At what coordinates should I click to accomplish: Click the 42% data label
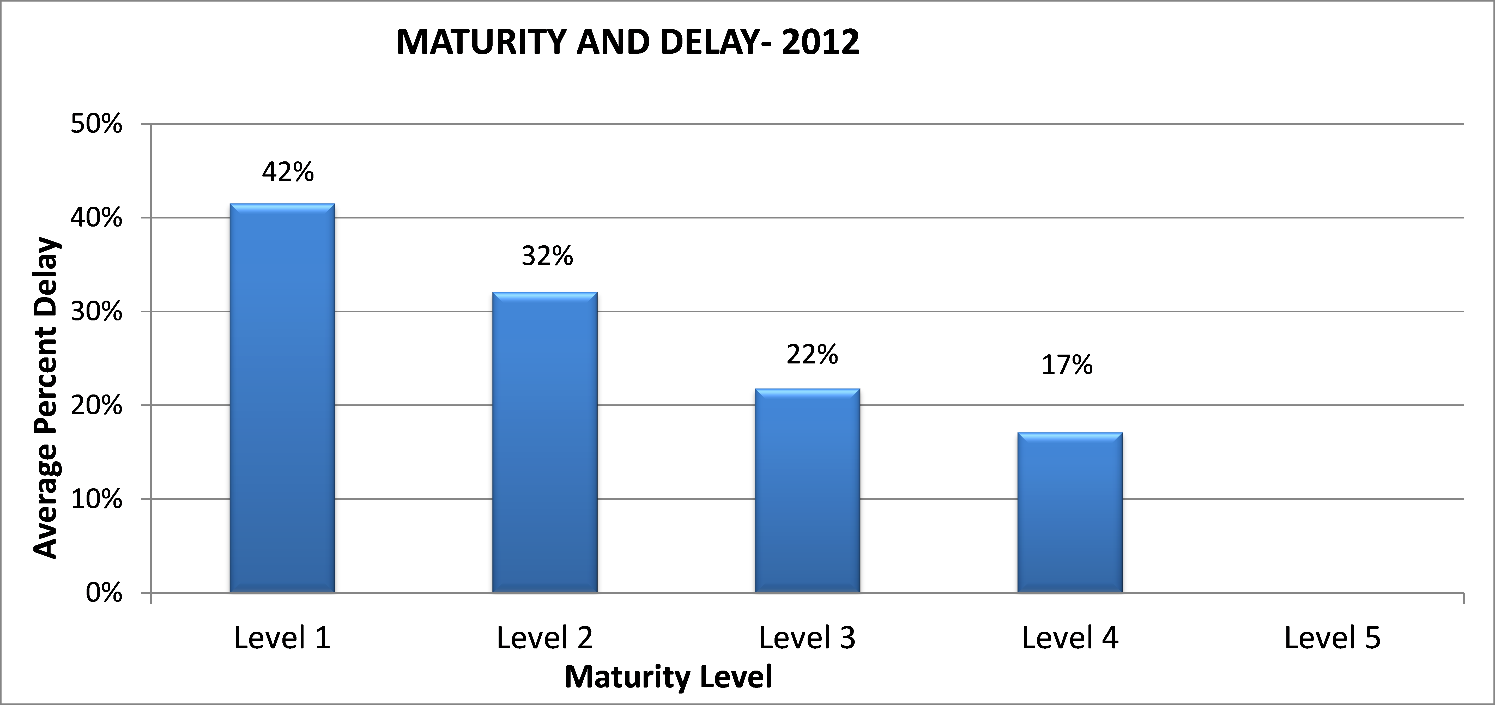(x=288, y=172)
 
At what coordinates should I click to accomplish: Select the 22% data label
(x=812, y=355)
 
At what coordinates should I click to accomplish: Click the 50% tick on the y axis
(x=96, y=124)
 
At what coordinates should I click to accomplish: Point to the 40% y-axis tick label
(x=96, y=218)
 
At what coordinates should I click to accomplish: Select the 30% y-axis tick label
(x=96, y=312)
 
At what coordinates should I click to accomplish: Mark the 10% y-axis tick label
(x=96, y=500)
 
